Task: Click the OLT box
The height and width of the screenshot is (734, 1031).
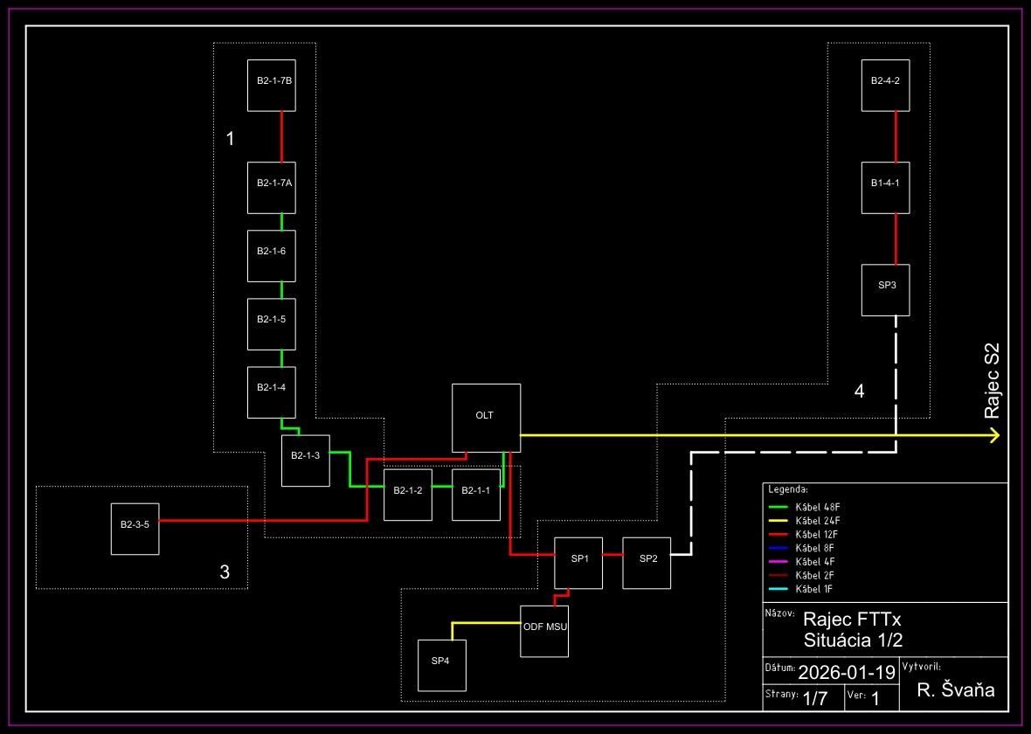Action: pos(486,418)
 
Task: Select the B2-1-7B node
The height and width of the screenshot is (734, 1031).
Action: pos(273,86)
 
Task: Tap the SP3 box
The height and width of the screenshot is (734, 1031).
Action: pos(886,289)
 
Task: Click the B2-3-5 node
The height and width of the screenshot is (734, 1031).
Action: pos(135,529)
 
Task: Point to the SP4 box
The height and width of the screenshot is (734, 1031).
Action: pos(441,665)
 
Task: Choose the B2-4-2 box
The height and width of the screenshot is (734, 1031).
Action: pos(886,86)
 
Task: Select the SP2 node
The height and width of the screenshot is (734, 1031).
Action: pos(647,563)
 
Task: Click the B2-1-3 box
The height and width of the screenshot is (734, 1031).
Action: pos(305,460)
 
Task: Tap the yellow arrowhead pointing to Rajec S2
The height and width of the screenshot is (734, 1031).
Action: pos(994,435)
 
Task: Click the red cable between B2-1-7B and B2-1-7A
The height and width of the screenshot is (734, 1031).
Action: pos(281,136)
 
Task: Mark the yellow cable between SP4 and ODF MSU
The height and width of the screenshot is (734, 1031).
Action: pos(485,623)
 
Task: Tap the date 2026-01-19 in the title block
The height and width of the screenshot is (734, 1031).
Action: pos(847,672)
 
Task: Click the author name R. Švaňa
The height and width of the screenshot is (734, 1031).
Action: pos(955,691)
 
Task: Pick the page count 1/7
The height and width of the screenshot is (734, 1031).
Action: pos(815,698)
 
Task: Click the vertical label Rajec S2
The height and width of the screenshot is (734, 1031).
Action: pos(992,380)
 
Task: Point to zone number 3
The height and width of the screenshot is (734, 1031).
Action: pos(225,572)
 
